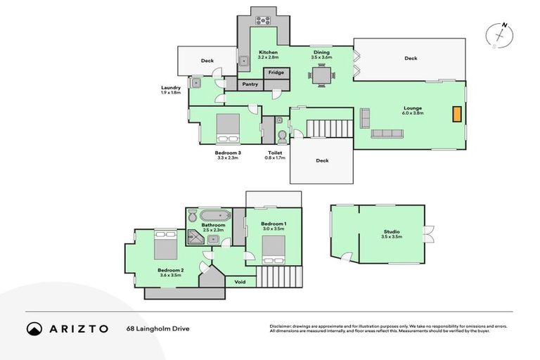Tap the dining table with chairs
tap(321, 75)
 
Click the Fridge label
tap(275, 72)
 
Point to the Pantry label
tap(250, 84)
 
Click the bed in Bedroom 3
tap(229, 127)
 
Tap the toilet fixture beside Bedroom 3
tap(281, 134)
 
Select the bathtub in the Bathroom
tap(213, 216)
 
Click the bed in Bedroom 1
tap(274, 249)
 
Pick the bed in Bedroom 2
tap(165, 245)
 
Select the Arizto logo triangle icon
tap(34, 328)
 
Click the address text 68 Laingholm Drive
tap(158, 328)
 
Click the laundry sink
tap(197, 83)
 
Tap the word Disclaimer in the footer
tap(281, 326)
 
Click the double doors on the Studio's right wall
tap(429, 233)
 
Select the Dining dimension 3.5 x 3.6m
tap(321, 58)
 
